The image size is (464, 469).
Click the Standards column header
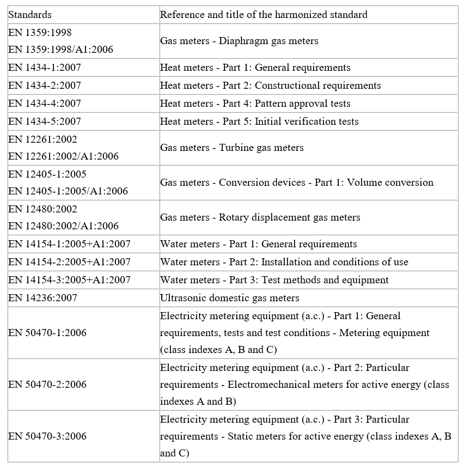(x=30, y=15)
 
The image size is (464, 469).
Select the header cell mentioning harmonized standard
(x=264, y=15)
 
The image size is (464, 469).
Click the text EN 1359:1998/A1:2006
(x=61, y=50)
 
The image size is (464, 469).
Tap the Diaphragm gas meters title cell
(x=239, y=41)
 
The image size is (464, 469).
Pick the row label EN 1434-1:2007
(x=45, y=68)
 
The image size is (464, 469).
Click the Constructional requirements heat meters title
(x=270, y=86)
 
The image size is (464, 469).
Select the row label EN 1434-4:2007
(x=45, y=103)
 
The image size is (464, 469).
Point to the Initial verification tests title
(x=259, y=121)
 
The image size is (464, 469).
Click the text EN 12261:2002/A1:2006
(x=63, y=156)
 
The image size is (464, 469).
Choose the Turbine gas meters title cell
(x=231, y=148)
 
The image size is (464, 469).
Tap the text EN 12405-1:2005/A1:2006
(x=68, y=191)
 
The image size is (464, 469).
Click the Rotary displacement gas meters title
(x=260, y=217)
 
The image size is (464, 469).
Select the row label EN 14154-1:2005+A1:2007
(x=69, y=244)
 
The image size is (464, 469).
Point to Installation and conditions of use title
(x=284, y=262)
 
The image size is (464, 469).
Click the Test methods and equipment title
(x=274, y=280)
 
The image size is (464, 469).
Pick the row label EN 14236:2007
(x=42, y=298)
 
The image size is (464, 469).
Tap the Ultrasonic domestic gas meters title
(x=229, y=298)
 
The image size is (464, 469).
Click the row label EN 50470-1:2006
(x=47, y=333)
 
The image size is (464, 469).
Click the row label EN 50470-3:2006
(x=47, y=436)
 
